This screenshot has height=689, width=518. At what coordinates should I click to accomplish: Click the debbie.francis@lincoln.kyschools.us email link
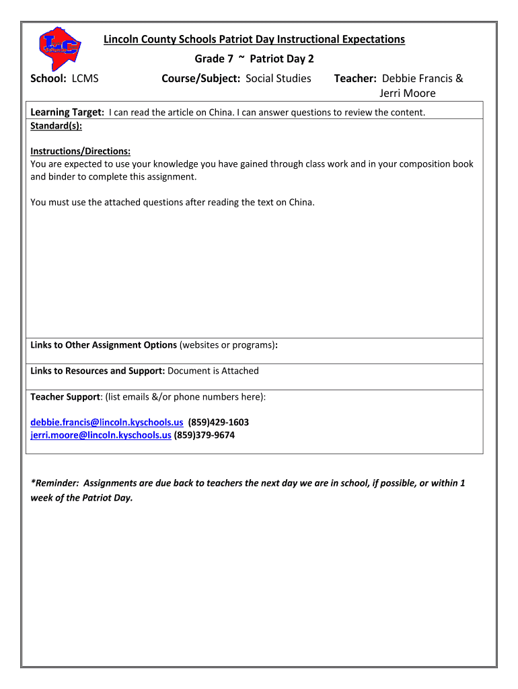(106, 423)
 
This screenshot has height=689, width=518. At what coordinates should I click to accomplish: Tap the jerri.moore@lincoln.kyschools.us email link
(101, 435)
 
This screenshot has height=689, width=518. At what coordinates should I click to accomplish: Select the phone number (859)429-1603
(218, 423)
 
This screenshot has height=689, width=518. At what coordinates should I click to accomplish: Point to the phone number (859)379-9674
(205, 435)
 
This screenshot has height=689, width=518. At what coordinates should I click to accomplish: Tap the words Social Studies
(279, 79)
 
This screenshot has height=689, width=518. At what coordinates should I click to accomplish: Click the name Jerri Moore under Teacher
(408, 94)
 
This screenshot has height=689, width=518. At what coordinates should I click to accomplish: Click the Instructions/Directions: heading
(80, 151)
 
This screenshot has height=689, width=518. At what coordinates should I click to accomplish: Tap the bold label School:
(48, 79)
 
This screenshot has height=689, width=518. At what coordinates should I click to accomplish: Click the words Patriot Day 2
(282, 59)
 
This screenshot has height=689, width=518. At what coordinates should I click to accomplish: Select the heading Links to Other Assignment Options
(104, 345)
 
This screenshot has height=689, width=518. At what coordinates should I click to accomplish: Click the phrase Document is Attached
(213, 371)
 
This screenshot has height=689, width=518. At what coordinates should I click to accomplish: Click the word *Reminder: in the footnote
(54, 483)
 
